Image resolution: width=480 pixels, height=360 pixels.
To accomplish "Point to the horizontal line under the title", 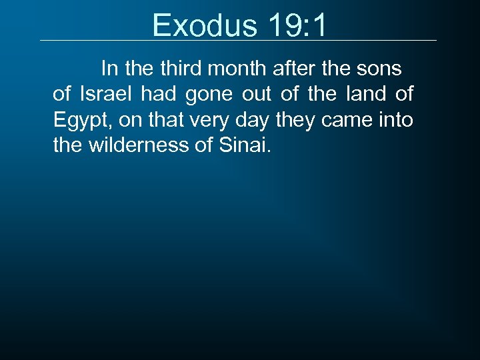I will coord(238,41).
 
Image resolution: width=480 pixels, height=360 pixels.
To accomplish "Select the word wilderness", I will coord(139,145).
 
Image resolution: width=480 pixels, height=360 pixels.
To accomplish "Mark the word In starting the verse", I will coord(109,69).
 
